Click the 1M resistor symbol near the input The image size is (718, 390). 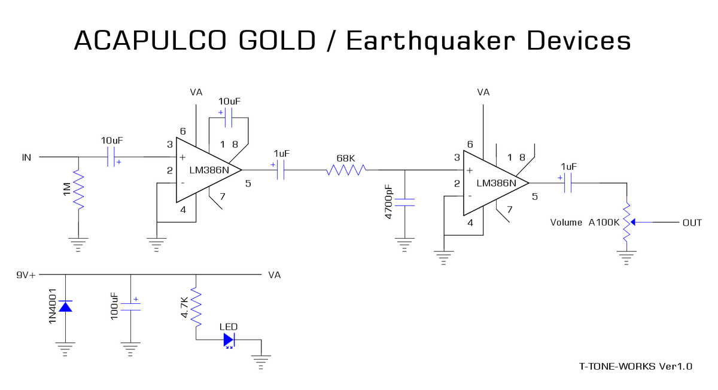78,188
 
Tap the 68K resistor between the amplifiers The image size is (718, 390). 346,170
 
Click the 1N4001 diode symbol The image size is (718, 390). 65,306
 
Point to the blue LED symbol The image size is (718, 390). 229,340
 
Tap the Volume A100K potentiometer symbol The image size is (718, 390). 626,222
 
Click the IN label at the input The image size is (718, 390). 26,158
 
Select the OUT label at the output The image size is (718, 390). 692,223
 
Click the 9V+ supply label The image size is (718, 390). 26,275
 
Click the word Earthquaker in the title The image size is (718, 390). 427,41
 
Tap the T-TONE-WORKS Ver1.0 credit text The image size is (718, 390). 635,366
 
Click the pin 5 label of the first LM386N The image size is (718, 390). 248,183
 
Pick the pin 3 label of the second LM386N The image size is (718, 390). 457,158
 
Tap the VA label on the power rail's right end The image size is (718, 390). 275,275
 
